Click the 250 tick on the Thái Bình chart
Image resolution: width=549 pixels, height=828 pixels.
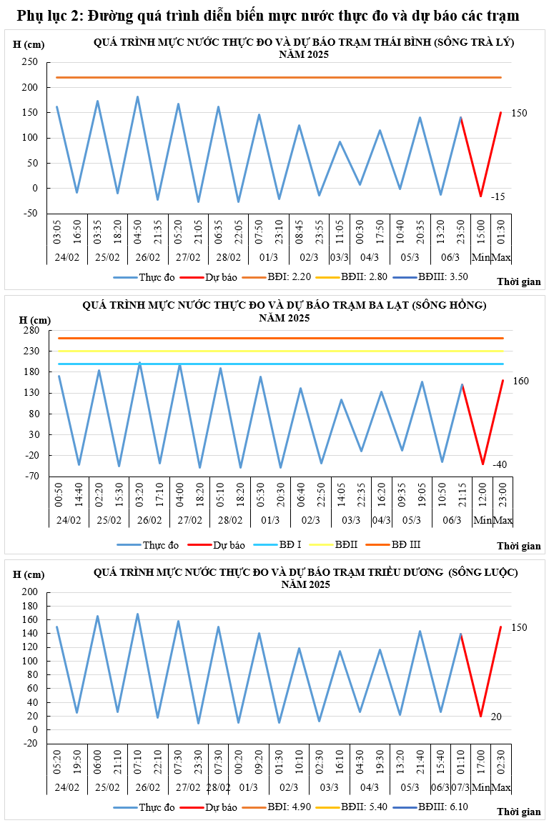coord(29,62)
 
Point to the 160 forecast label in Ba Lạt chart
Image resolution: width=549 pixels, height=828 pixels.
coord(520,381)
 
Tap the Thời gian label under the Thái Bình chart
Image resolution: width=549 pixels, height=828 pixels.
coord(519,282)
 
